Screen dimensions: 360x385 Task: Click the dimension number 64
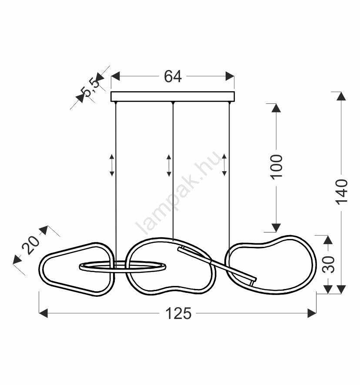tap(173, 76)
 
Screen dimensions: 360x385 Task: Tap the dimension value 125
tap(178, 314)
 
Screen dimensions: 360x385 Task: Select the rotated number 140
tap(342, 192)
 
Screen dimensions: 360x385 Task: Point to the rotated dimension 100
tap(277, 167)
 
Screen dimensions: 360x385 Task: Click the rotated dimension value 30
tap(329, 265)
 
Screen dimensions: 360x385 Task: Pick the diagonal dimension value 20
tap(31, 245)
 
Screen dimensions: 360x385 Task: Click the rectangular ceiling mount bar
tap(173, 96)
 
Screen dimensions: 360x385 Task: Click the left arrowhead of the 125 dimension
tap(43, 313)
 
